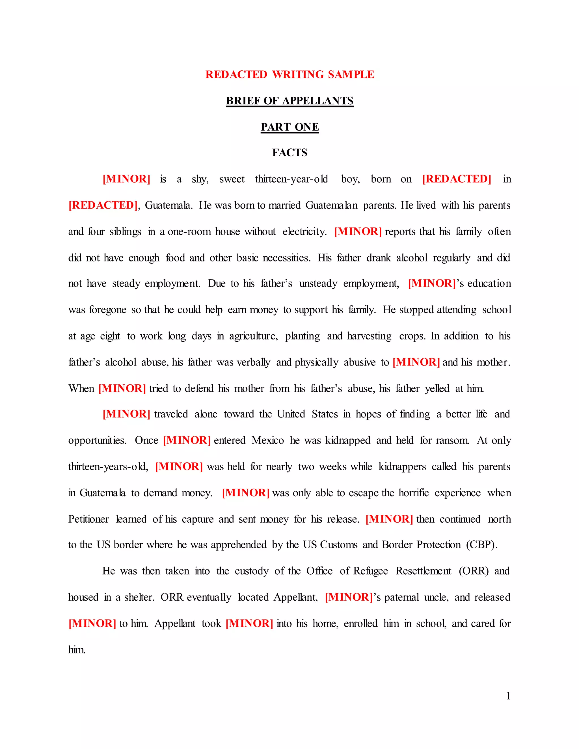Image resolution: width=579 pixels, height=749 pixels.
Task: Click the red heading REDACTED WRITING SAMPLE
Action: tap(289, 74)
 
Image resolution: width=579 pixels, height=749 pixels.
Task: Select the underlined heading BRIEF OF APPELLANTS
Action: tap(289, 101)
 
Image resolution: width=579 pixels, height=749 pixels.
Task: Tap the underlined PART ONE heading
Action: tap(289, 127)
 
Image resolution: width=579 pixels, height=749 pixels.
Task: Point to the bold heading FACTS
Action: tap(289, 153)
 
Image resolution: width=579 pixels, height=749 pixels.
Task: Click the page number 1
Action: tap(508, 696)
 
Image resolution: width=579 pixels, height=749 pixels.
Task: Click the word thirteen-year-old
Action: tap(291, 179)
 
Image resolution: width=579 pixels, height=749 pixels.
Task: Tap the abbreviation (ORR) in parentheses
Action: tap(473, 571)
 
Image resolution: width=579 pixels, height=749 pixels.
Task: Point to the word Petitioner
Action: tap(88, 519)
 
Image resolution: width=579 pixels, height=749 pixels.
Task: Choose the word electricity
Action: tap(304, 232)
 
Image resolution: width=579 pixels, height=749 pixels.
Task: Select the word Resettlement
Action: tap(423, 571)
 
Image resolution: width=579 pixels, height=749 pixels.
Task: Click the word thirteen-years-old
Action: tap(108, 467)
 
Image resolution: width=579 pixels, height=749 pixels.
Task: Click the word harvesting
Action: tap(369, 336)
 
